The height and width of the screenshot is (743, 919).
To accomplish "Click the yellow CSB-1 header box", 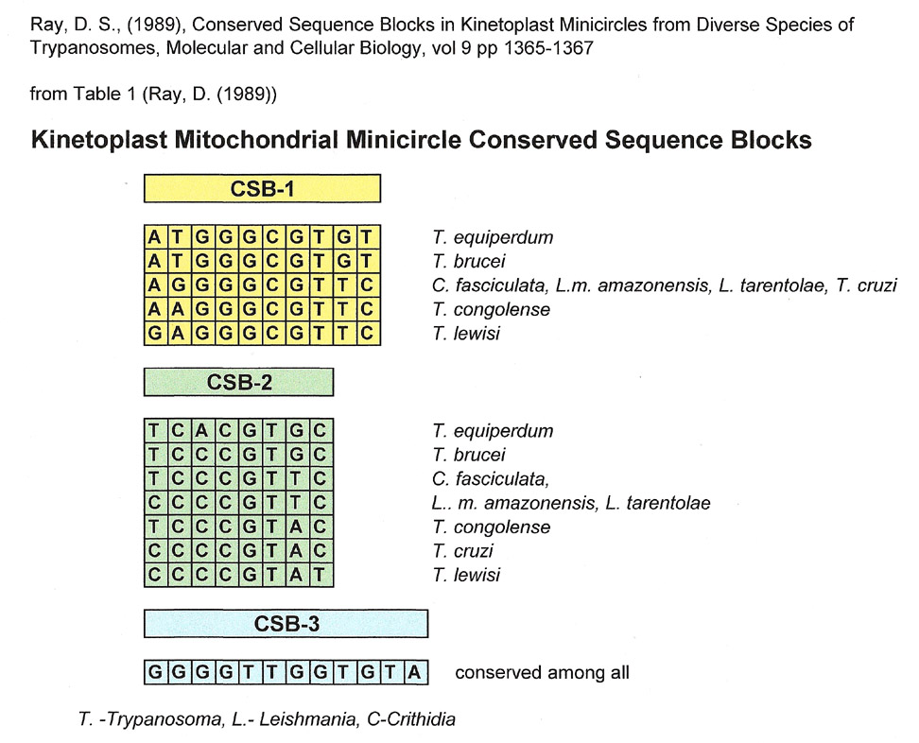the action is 262,189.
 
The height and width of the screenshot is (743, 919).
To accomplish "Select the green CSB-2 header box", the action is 238,382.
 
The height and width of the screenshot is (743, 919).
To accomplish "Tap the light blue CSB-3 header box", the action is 286,624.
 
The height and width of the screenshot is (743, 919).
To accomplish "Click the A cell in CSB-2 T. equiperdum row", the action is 201,431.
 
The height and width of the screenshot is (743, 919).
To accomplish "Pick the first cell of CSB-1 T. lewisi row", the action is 154,334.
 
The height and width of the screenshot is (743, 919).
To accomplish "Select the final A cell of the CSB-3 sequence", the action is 414,672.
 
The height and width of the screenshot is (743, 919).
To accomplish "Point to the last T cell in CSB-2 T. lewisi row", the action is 320,575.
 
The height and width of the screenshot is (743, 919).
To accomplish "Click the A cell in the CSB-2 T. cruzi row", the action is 296,551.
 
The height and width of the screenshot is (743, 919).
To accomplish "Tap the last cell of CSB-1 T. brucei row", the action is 367,261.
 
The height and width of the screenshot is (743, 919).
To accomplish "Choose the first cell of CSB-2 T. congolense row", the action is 154,527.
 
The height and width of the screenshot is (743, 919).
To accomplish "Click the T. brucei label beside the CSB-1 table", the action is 469,261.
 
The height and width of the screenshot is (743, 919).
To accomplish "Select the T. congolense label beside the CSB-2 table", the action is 492,527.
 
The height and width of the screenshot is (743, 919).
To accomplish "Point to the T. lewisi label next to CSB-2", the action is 466,575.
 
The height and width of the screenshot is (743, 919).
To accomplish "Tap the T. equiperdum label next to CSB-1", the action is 493,237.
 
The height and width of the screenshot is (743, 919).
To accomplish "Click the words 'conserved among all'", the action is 542,672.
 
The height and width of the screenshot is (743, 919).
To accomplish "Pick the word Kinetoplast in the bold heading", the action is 99,140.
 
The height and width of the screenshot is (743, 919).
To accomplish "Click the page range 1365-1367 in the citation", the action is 548,47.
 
